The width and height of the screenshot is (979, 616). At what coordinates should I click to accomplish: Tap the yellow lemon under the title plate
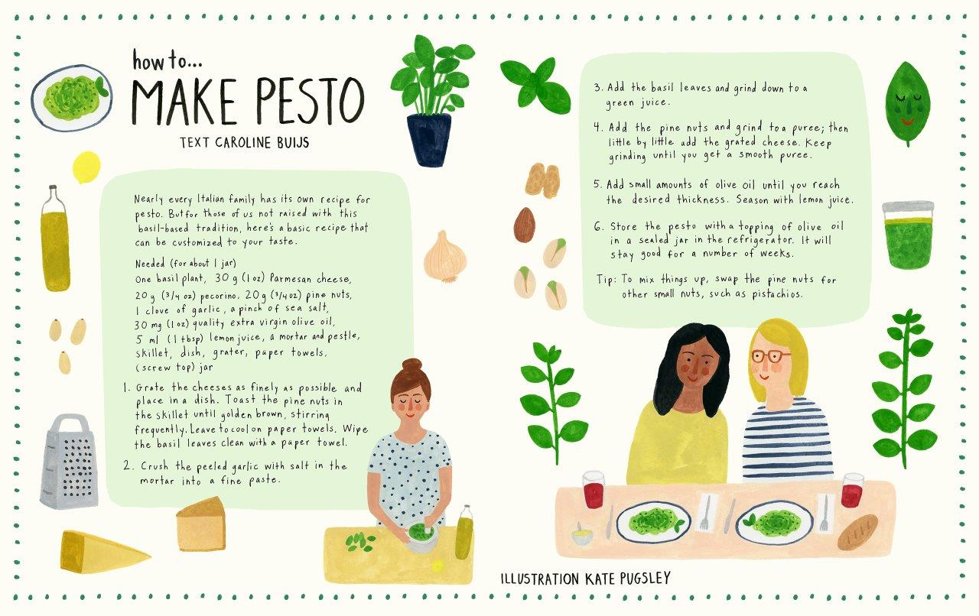[86, 167]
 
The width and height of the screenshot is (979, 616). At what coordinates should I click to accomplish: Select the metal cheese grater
[69, 462]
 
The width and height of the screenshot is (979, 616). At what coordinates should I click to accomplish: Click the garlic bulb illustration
[445, 257]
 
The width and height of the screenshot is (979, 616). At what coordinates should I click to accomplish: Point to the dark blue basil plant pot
[429, 139]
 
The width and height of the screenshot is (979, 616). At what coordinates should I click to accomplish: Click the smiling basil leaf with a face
[908, 103]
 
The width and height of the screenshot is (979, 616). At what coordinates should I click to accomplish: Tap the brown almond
[525, 225]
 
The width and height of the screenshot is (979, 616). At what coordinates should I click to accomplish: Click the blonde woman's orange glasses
[771, 356]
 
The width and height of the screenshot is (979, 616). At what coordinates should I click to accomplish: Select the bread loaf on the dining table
[857, 532]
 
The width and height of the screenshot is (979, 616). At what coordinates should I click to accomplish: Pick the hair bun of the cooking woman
[412, 365]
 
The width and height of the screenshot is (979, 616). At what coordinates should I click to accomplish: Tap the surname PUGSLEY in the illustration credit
[645, 579]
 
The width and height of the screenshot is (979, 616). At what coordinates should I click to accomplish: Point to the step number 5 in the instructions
[597, 184]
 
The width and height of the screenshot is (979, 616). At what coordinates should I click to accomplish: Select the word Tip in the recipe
[606, 279]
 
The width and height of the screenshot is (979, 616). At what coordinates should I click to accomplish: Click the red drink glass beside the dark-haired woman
[593, 489]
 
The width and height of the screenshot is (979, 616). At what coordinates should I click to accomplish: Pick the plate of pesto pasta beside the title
[72, 98]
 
